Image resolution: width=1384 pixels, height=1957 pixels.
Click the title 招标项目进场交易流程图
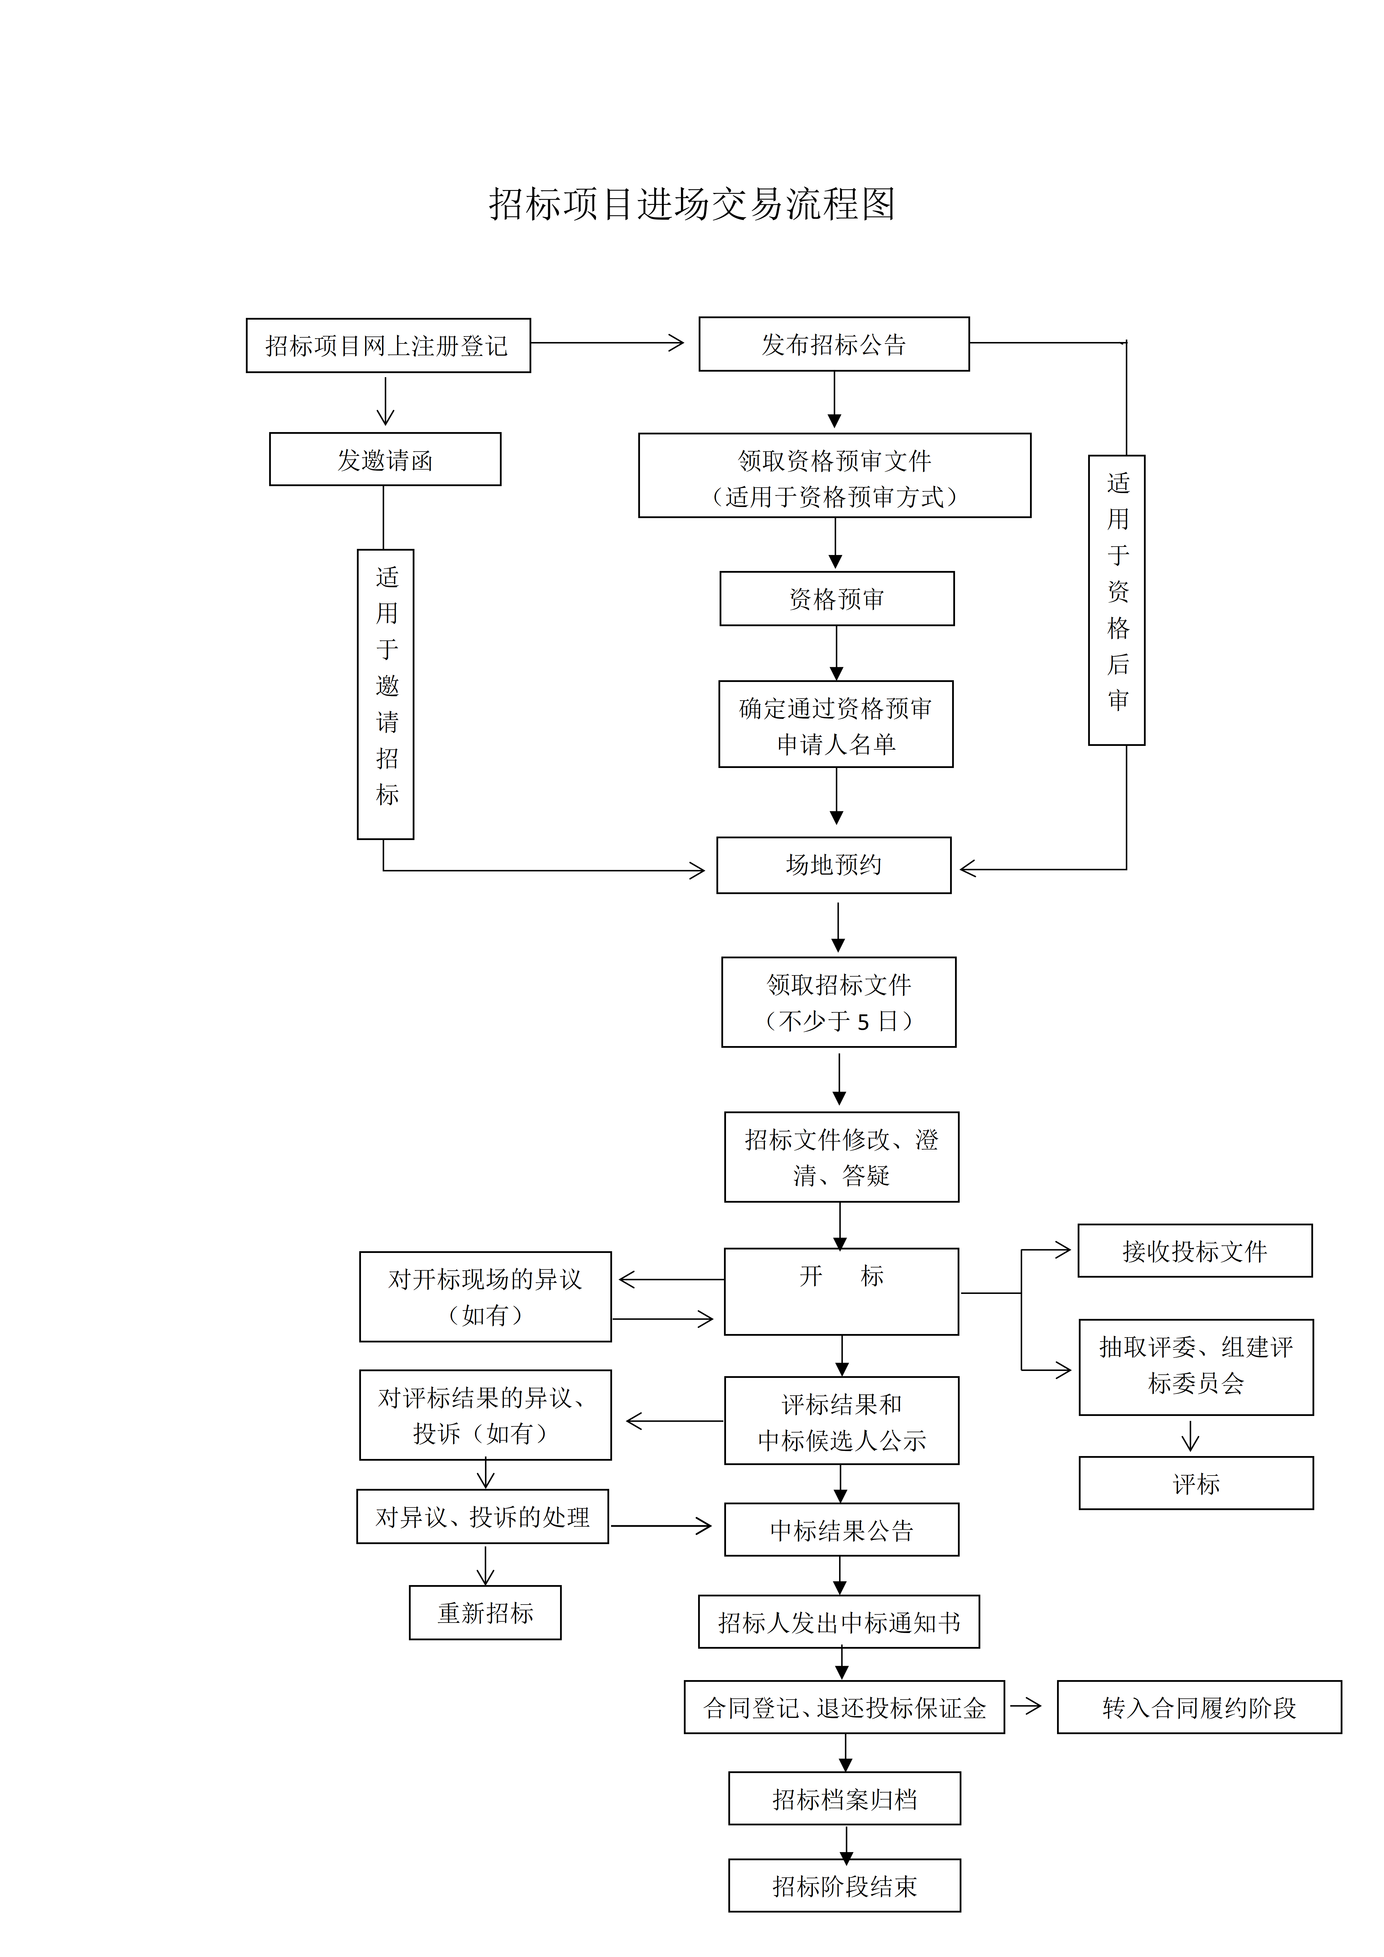[692, 205]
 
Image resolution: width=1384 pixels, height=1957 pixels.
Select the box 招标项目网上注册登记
[388, 345]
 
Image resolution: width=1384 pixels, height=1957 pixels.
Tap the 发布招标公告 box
[833, 344]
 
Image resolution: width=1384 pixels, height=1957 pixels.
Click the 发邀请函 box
[385, 459]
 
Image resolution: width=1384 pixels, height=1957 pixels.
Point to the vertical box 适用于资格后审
[1116, 600]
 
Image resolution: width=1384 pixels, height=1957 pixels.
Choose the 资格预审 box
[836, 598]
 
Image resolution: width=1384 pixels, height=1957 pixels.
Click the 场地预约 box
[833, 865]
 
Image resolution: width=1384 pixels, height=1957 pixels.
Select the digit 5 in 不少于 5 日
[863, 1021]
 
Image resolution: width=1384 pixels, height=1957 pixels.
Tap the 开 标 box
[841, 1291]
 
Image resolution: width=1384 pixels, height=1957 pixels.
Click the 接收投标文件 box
[1194, 1251]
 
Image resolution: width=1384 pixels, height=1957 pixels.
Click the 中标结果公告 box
[841, 1530]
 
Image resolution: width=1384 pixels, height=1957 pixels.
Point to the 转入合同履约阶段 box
[1198, 1707]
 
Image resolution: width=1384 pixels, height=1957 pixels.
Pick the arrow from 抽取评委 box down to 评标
[1190, 1435]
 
